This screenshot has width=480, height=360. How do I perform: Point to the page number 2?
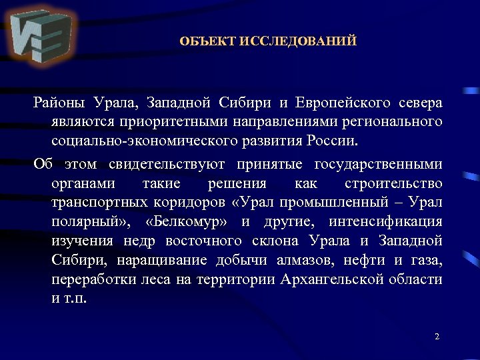pos(437,337)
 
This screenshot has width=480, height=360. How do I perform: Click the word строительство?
pos(394,184)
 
